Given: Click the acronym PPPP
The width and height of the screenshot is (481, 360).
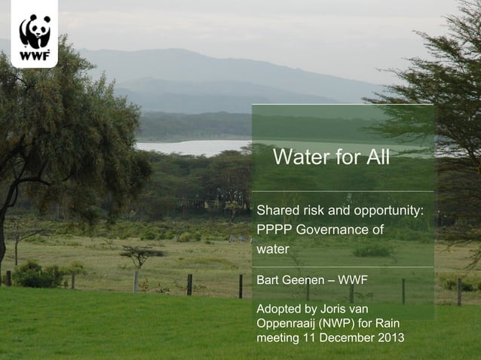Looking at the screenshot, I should pos(274,229).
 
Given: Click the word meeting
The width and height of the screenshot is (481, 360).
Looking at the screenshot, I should pos(278,338).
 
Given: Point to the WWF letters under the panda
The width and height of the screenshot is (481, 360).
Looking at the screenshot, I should pos(34,55).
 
